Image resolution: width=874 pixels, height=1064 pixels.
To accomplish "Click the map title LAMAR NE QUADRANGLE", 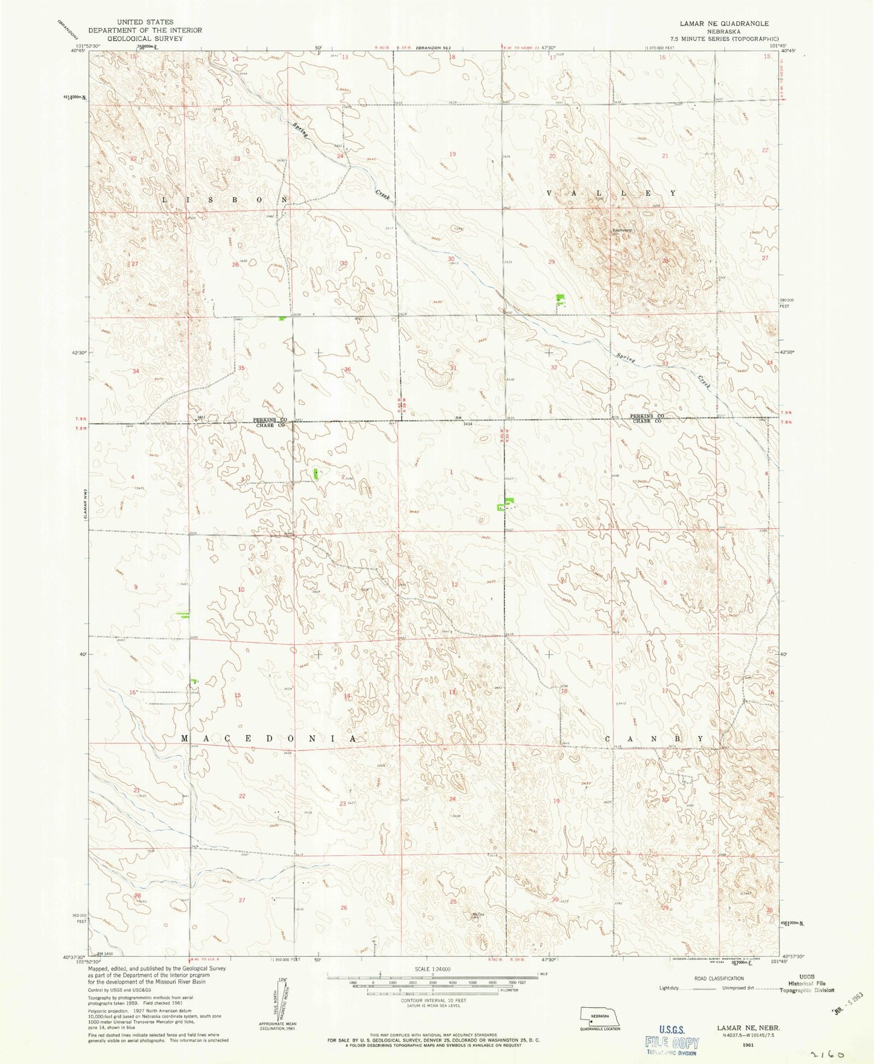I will [724, 23].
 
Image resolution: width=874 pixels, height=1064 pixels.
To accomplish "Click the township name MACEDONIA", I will [269, 739].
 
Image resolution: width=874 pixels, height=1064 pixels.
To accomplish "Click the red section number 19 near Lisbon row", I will [452, 154].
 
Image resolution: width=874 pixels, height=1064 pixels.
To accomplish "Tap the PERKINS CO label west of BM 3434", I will [270, 419].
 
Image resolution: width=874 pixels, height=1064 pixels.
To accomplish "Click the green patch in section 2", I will [316, 475].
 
